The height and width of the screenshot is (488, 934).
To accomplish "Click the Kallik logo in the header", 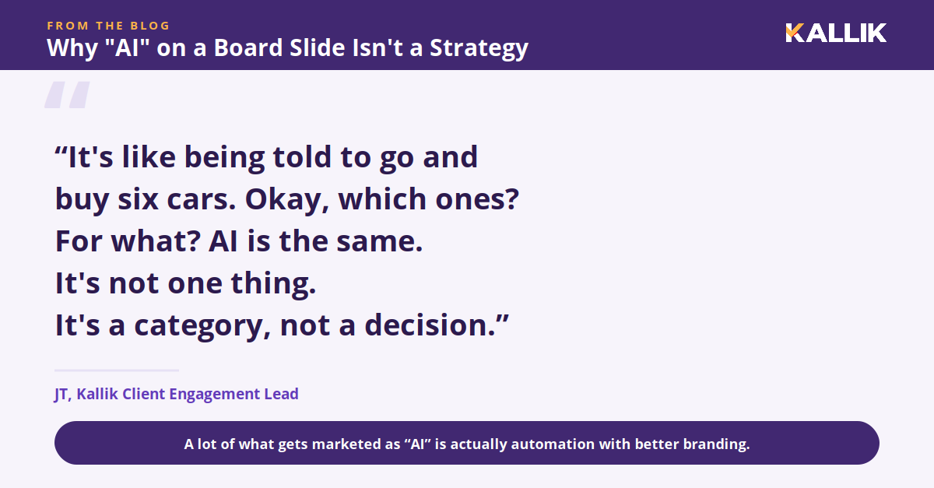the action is click(x=836, y=33).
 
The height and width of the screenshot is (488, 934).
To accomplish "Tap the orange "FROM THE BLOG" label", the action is click(x=108, y=26).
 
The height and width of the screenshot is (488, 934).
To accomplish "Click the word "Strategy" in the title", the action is click(x=479, y=48).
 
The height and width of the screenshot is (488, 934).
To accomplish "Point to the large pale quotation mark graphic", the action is click(x=67, y=95).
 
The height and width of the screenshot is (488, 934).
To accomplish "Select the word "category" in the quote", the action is click(x=202, y=326).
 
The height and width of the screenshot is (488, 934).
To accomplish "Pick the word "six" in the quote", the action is click(x=138, y=198).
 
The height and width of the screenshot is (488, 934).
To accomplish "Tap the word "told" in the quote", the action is click(x=301, y=156).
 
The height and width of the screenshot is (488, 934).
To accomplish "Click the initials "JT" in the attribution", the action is click(x=61, y=394).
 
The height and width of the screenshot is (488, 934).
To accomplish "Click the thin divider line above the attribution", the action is click(x=117, y=370).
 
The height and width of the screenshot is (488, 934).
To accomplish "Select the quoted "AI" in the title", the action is click(x=127, y=47).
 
